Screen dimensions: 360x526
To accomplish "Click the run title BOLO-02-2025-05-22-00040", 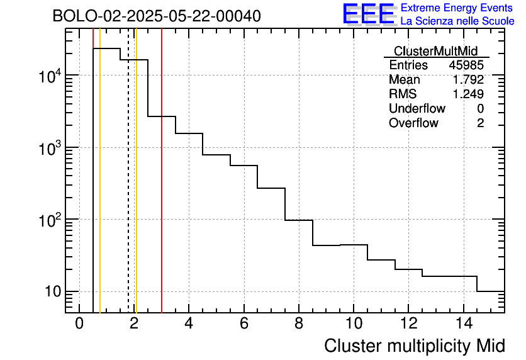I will (x=156, y=16).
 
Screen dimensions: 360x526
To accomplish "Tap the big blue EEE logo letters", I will (x=368, y=14).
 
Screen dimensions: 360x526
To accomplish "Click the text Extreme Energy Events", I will (x=457, y=8).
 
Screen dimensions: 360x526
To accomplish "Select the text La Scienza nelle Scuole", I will (x=457, y=21).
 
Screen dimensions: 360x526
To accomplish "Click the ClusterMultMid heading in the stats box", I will (x=435, y=51).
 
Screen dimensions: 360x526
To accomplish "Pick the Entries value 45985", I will (x=466, y=65).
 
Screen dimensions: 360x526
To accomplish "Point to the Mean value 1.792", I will (x=469, y=80).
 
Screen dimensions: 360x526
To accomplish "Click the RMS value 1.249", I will (x=469, y=94).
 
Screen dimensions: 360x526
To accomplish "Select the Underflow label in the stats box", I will (x=417, y=109).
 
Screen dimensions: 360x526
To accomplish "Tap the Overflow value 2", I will (x=480, y=123).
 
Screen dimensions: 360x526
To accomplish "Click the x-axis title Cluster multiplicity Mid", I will (x=414, y=346).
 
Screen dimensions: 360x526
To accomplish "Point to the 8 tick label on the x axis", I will (x=299, y=323).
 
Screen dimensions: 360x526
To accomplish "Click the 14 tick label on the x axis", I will (x=463, y=323).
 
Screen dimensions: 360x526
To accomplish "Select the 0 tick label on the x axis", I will (x=79, y=323).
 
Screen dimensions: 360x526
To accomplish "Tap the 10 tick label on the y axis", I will (x=50, y=292).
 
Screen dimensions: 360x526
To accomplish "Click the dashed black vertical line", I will (x=128, y=189).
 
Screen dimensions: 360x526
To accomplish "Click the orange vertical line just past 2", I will (x=136, y=189).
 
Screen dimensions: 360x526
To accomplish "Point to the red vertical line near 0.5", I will (x=92, y=189).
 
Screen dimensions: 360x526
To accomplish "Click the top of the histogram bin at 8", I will (x=299, y=220).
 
